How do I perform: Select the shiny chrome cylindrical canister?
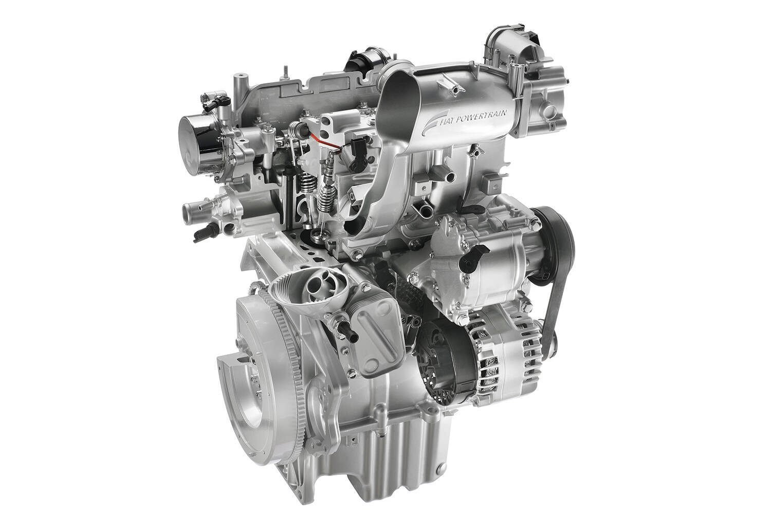click(x=198, y=137)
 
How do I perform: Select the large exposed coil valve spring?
click(x=325, y=198)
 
